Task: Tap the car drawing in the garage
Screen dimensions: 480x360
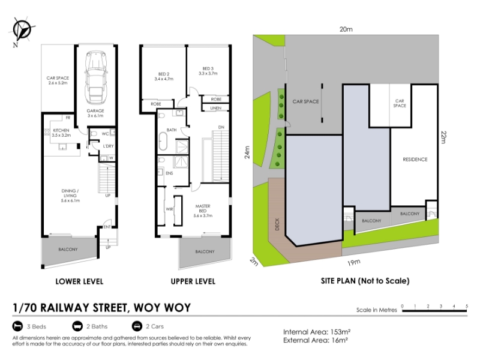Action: click(96, 78)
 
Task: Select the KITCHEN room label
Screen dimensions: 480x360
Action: click(61, 130)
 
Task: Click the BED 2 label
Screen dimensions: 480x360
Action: click(164, 74)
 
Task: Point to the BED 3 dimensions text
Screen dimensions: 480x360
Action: click(208, 73)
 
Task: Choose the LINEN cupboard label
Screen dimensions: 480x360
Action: click(216, 108)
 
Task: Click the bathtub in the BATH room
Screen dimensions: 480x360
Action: click(163, 141)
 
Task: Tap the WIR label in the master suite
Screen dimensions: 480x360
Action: click(169, 209)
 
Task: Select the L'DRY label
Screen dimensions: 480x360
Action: click(109, 146)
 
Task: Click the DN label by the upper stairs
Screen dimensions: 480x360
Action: click(221, 127)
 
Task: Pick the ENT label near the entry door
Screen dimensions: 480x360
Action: click(107, 227)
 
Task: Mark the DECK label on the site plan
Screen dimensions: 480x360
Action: click(277, 224)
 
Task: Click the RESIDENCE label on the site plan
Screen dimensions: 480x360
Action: click(415, 160)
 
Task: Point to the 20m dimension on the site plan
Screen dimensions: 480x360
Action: click(346, 29)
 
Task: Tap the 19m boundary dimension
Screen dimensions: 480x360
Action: click(354, 262)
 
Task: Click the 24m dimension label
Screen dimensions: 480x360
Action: click(247, 152)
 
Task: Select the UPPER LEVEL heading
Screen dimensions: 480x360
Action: click(193, 281)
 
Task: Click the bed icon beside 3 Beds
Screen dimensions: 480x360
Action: click(18, 326)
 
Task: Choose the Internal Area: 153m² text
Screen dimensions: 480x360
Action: click(317, 332)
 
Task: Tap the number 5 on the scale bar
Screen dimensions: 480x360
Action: click(467, 306)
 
